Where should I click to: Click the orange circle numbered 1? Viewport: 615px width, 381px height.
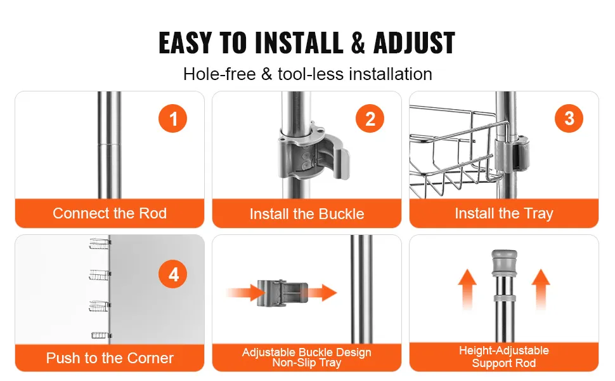pos(172,118)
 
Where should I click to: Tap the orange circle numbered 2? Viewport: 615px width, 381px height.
pos(370,118)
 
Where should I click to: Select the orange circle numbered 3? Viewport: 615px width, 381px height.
pos(569,118)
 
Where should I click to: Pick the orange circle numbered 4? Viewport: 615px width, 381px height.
pos(172,274)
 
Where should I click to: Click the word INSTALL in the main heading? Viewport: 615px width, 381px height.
pos(299,43)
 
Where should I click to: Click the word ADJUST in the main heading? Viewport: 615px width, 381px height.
pos(414,43)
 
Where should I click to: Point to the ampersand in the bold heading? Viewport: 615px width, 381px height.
pos(358,43)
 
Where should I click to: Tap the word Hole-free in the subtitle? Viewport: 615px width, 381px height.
pos(219,74)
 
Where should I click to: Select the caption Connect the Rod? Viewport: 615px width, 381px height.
pos(110,213)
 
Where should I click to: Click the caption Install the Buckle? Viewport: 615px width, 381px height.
pos(307,214)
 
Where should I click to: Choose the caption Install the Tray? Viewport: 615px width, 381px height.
pos(504,213)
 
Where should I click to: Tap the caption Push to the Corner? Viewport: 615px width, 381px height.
pos(110,358)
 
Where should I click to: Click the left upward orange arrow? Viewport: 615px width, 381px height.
pos(467,289)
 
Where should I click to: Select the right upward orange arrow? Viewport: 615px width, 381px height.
pos(541,289)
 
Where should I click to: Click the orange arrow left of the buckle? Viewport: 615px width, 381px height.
pos(245,293)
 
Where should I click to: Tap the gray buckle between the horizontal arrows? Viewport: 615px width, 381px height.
pos(282,293)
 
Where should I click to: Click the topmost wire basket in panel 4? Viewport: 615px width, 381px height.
pos(100,244)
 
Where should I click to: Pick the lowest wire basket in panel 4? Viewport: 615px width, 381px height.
pos(101,335)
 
